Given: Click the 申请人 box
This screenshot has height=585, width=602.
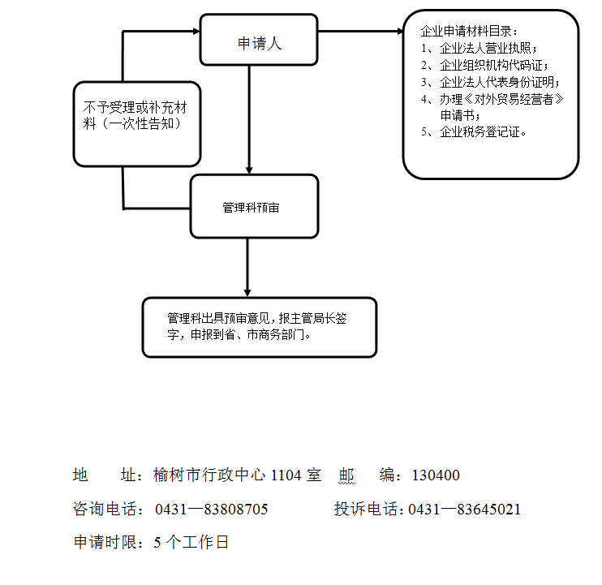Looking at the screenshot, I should click(x=259, y=44).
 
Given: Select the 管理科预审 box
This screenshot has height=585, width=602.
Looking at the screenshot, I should click(x=254, y=208).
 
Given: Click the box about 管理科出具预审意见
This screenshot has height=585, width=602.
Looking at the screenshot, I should click(x=260, y=327).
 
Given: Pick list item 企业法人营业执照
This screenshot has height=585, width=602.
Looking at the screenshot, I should click(x=487, y=48).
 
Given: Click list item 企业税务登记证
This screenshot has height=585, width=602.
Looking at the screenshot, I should click(x=483, y=132).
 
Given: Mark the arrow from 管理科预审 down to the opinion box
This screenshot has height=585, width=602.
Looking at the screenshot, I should click(x=247, y=268).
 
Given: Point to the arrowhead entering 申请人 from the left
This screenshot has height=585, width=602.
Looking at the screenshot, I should click(x=195, y=32).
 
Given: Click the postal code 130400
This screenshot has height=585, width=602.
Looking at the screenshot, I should click(x=436, y=475).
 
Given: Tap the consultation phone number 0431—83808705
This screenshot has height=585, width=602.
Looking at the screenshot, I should click(x=211, y=510).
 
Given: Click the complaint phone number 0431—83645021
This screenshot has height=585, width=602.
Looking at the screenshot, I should click(x=464, y=510).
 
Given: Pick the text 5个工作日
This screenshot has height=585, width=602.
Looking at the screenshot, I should click(x=191, y=543).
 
